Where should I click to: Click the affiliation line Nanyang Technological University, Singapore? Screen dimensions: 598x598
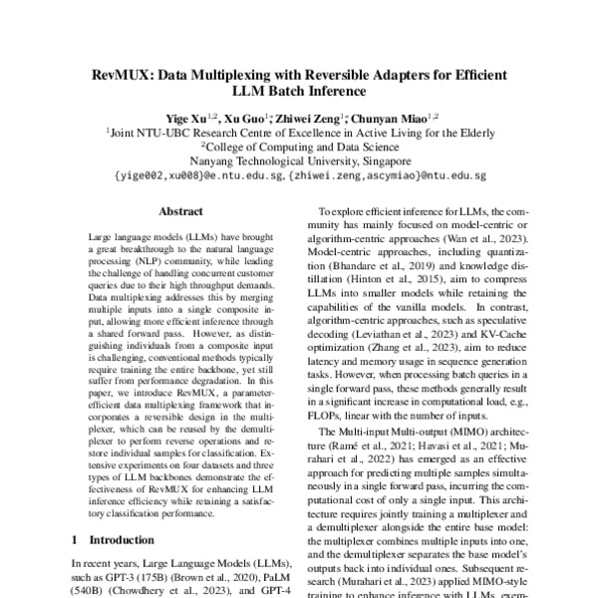[x=299, y=159]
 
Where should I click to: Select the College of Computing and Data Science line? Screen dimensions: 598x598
[x=299, y=146]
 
